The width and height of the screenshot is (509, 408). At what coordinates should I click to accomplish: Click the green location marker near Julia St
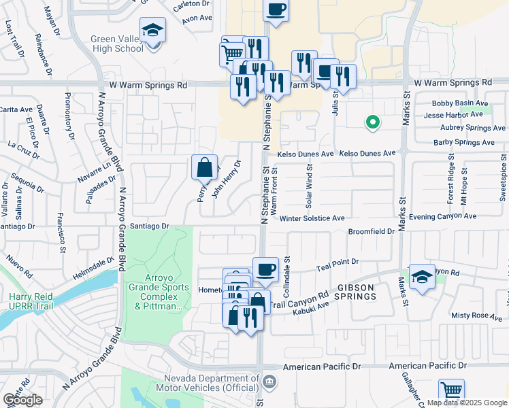(x=372, y=122)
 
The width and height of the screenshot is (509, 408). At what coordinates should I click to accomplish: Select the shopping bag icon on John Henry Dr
(x=204, y=167)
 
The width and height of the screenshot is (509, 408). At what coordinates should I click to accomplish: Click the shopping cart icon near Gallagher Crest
(x=451, y=391)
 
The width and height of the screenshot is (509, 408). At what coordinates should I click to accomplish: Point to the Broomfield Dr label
(x=372, y=231)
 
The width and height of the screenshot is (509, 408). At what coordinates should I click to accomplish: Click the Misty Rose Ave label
(x=476, y=316)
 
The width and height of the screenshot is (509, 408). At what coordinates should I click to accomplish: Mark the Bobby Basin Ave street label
(x=461, y=103)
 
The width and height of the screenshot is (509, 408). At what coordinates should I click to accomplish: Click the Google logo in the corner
(x=22, y=400)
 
